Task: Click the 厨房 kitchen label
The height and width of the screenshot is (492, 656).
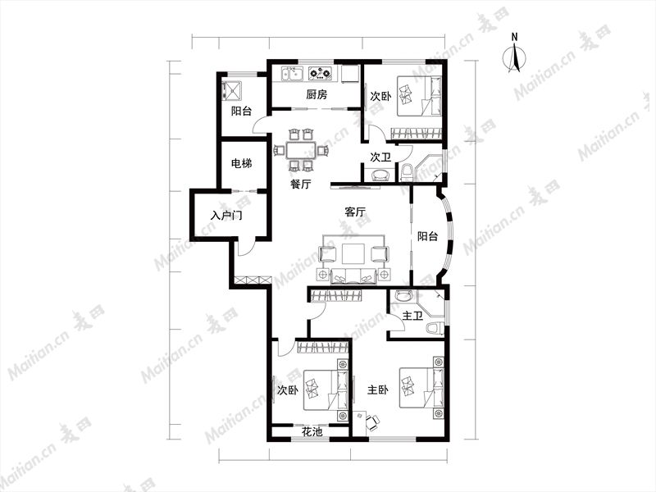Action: pos(317,94)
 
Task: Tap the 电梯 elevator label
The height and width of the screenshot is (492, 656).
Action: pos(241,162)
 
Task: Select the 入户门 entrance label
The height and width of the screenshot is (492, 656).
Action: pos(226,216)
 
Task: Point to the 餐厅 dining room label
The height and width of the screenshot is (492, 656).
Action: pos(300,184)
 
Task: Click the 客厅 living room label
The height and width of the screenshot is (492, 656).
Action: pos(355,212)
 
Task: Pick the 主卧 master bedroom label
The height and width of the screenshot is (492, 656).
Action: pos(377,390)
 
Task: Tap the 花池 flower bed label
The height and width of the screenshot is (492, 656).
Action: pos(312,431)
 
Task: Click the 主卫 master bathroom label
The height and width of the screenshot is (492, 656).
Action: pos(412,316)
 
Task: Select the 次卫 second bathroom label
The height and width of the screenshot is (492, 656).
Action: pos(380,157)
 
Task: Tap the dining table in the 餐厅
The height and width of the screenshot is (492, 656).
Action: pos(300,151)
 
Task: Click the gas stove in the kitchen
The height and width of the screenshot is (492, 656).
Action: pos(321,73)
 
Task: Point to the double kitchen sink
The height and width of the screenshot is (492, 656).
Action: pos(293,73)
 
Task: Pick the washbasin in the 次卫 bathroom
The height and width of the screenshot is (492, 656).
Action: pos(380,175)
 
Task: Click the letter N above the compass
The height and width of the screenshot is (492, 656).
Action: pos(515,37)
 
